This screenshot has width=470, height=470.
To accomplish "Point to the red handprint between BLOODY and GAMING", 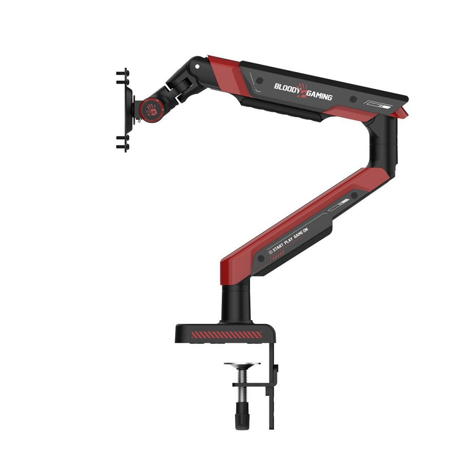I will click(303, 91).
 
